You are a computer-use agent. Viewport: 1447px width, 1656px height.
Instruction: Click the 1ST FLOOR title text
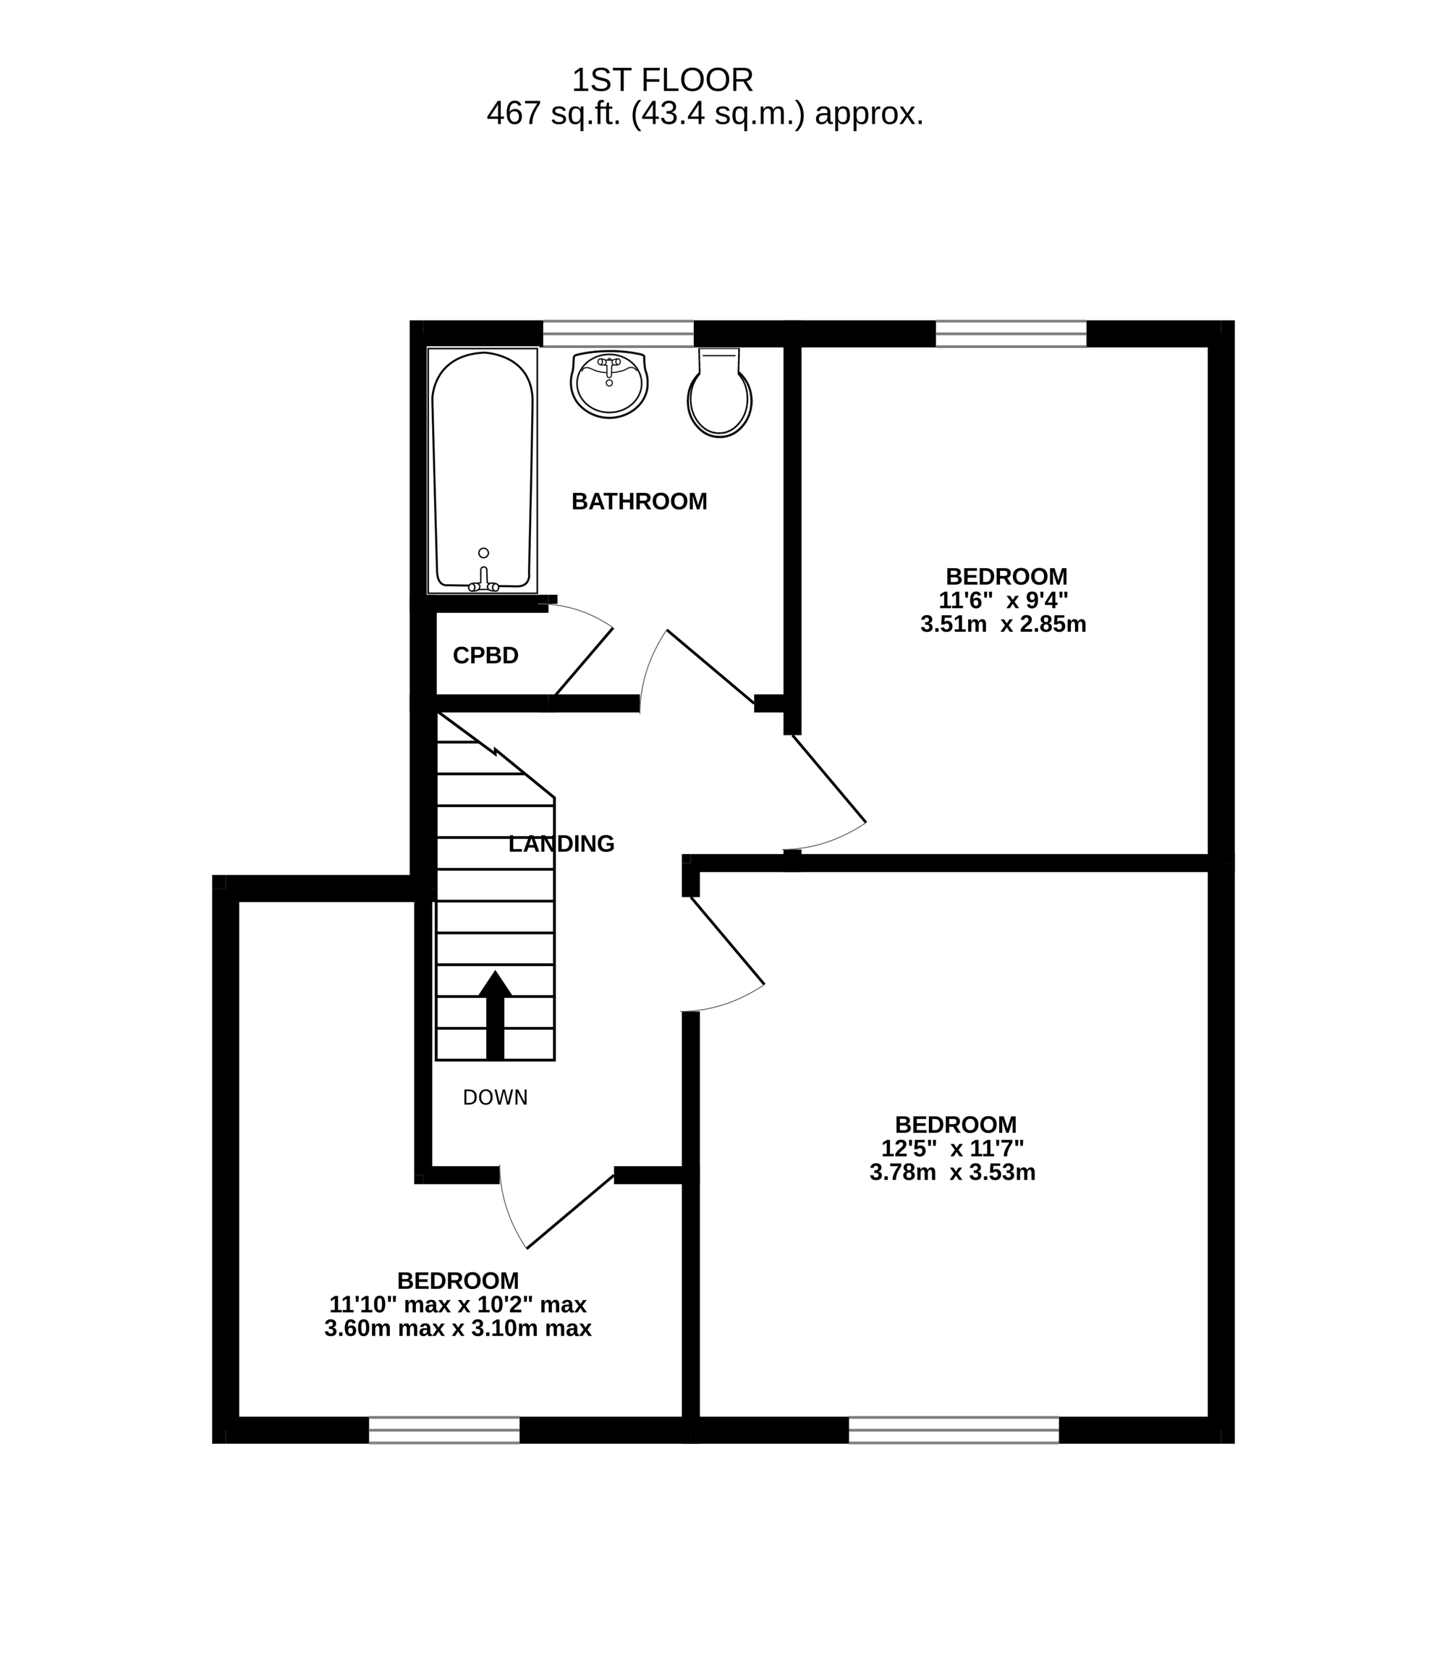(662, 80)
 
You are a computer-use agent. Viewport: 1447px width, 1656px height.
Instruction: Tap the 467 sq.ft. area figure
(554, 114)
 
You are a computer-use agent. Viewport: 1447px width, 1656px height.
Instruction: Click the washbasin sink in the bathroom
(610, 384)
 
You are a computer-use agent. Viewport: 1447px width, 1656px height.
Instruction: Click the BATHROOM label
(640, 502)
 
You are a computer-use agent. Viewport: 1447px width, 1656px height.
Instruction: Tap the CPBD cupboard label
(485, 656)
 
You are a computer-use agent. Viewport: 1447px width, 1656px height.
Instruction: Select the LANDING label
(562, 844)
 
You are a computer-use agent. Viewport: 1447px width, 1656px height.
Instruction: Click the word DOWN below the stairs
(495, 1097)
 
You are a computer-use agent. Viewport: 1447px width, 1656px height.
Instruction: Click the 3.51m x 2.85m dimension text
(1003, 625)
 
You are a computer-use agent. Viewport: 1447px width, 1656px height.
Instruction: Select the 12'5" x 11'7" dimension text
(953, 1148)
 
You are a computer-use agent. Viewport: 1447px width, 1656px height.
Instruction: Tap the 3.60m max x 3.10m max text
(458, 1328)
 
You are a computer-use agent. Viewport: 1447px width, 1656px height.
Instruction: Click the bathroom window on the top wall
(619, 334)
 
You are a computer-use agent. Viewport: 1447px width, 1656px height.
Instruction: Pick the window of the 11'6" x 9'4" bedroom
(1011, 334)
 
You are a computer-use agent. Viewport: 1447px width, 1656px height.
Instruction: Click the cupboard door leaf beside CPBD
(583, 662)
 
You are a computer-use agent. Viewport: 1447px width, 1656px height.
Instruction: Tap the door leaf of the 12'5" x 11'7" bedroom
(726, 941)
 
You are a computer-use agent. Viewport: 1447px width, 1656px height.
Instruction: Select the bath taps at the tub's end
(484, 580)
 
